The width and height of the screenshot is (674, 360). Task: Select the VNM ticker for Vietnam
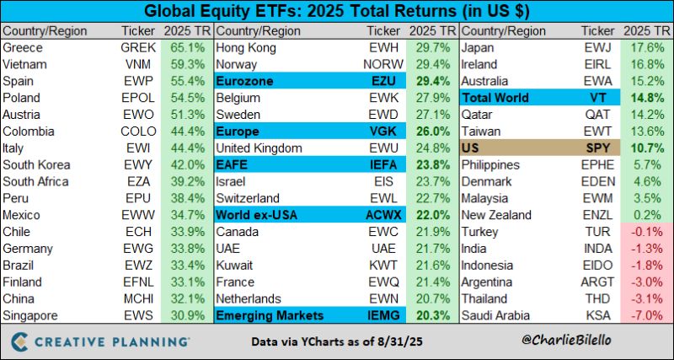click(x=138, y=65)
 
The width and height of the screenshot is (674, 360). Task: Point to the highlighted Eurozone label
click(x=246, y=82)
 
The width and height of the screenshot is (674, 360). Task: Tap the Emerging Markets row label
click(x=269, y=316)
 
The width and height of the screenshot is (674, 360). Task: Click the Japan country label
click(x=478, y=48)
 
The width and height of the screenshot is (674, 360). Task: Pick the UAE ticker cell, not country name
click(x=385, y=249)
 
